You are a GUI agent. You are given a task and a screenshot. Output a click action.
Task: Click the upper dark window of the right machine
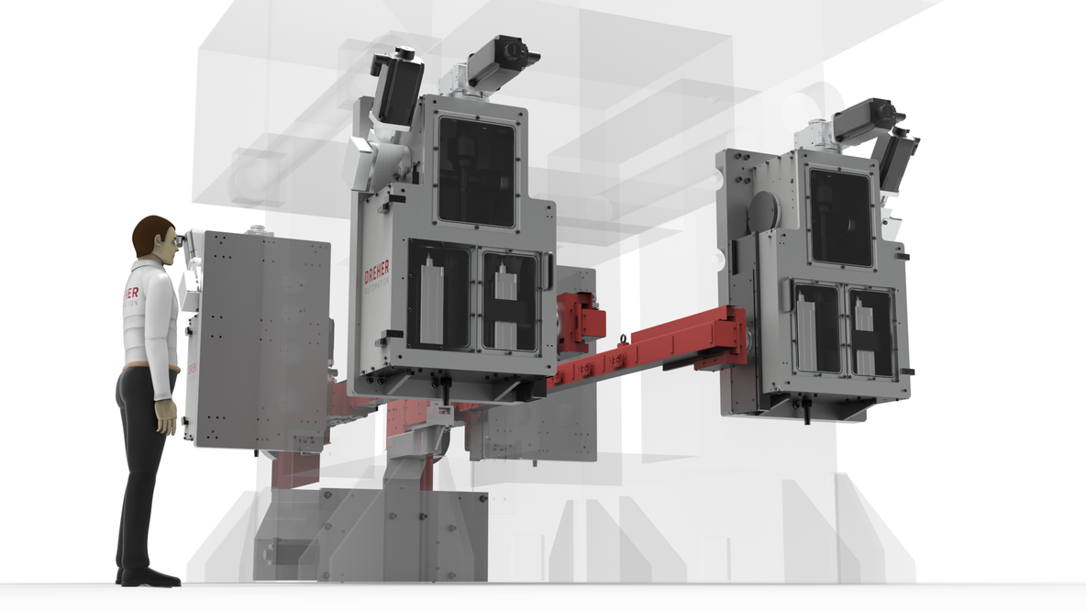coord(840,217)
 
